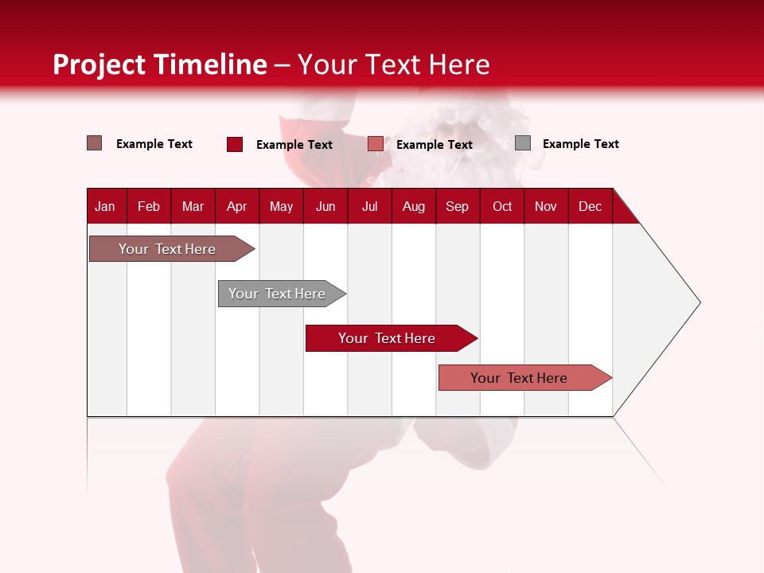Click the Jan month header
(x=105, y=206)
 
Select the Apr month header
(x=236, y=206)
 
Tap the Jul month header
(x=369, y=206)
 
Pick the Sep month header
(x=457, y=206)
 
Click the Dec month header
(x=590, y=206)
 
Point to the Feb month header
(x=149, y=206)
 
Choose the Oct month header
(x=502, y=206)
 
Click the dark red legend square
(x=235, y=144)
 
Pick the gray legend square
(x=523, y=143)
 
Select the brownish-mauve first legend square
(x=95, y=143)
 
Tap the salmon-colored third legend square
(x=376, y=144)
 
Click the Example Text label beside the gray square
(x=580, y=144)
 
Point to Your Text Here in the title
(x=393, y=64)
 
